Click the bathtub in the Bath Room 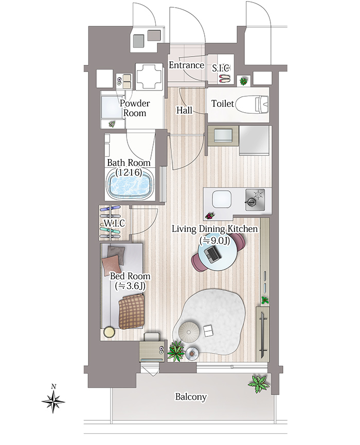pos(130,185)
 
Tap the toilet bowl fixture pos(252,104)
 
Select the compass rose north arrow pos(53,401)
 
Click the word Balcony pos(191,397)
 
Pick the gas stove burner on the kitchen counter pos(255,200)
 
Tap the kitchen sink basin pos(222,199)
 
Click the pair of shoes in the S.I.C pos(225,78)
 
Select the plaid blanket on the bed pos(131,311)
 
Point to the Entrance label pos(186,65)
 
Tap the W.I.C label pos(114,223)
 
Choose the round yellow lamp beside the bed pos(109,332)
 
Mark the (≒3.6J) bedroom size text pos(130,286)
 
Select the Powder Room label pos(134,108)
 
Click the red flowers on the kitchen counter pos(209,216)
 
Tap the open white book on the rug pos(208,331)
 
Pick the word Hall pos(184,110)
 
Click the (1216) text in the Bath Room pos(129,172)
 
